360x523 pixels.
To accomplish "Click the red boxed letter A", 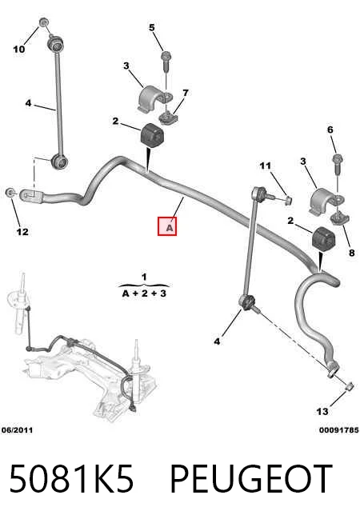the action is pyautogui.click(x=167, y=226).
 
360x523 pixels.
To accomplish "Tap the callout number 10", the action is pyautogui.click(x=19, y=50).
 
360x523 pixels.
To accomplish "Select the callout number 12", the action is pyautogui.click(x=22, y=231).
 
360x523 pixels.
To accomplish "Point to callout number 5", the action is pyautogui.click(x=152, y=27).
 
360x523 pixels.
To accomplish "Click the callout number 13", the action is pyautogui.click(x=322, y=412).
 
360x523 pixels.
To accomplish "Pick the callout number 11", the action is pyautogui.click(x=266, y=166).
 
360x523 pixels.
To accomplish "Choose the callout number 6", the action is pyautogui.click(x=330, y=130).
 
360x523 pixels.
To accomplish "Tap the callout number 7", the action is pyautogui.click(x=186, y=93).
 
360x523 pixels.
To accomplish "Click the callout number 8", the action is pyautogui.click(x=352, y=253).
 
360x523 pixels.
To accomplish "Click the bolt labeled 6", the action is pyautogui.click(x=338, y=163).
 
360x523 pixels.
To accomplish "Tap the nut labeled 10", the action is pyautogui.click(x=43, y=22).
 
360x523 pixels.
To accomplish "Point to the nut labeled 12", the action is pyautogui.click(x=10, y=192).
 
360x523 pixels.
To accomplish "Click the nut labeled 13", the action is pyautogui.click(x=349, y=386).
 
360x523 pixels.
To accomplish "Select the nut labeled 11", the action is pyautogui.click(x=289, y=200).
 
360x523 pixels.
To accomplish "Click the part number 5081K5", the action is pyautogui.click(x=71, y=478).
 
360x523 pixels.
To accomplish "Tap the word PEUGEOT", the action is pyautogui.click(x=251, y=478).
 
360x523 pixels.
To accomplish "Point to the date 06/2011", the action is pyautogui.click(x=17, y=430).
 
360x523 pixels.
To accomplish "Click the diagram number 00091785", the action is pyautogui.click(x=339, y=430).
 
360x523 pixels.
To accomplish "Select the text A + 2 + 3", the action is pyautogui.click(x=144, y=293).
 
